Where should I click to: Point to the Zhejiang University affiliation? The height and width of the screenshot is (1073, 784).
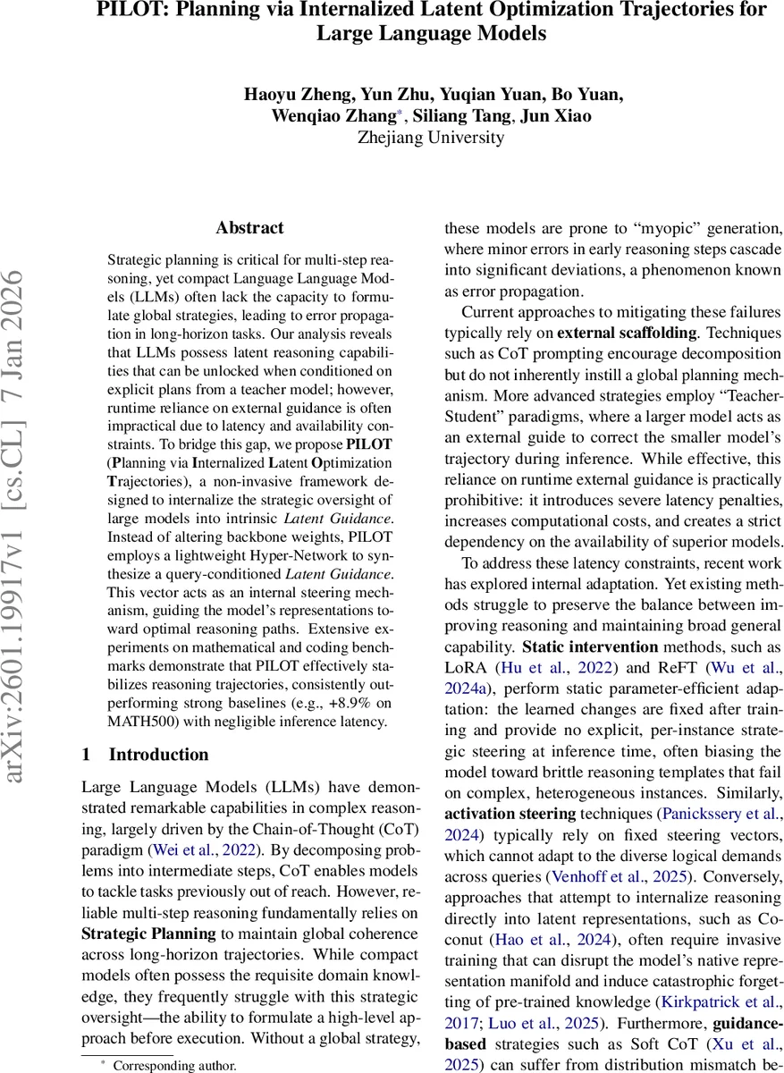point(430,138)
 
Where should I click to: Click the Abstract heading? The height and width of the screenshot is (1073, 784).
point(249,228)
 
